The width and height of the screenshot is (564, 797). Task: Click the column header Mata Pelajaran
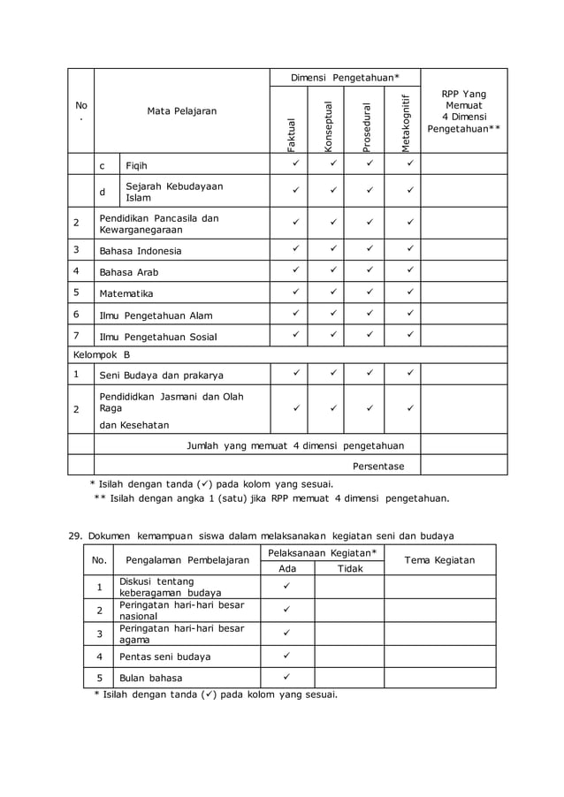pos(181,111)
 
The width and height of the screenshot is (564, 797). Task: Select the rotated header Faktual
pos(292,133)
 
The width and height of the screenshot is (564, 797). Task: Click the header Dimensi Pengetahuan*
pos(345,78)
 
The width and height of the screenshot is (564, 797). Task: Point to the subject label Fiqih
pos(137,165)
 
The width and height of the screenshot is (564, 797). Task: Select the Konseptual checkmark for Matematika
pos(332,292)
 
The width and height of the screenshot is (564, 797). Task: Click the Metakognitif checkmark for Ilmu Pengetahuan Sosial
pos(410,335)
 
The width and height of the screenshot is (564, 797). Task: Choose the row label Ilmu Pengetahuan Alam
pos(156,315)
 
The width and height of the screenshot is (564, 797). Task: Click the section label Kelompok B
pos(101,354)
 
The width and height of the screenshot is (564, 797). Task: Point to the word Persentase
pos(378,466)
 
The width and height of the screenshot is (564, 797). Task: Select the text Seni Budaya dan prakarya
pos(161,375)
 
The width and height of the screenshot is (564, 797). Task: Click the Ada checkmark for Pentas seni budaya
pos(286,656)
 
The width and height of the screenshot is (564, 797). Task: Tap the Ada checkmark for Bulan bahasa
pos(286,677)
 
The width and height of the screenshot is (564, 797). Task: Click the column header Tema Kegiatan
pos(439,559)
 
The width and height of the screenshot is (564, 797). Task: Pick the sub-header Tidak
pos(350,568)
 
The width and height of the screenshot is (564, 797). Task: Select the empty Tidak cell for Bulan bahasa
pos(349,678)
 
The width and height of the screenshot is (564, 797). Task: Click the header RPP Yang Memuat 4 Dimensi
pos(463,111)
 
